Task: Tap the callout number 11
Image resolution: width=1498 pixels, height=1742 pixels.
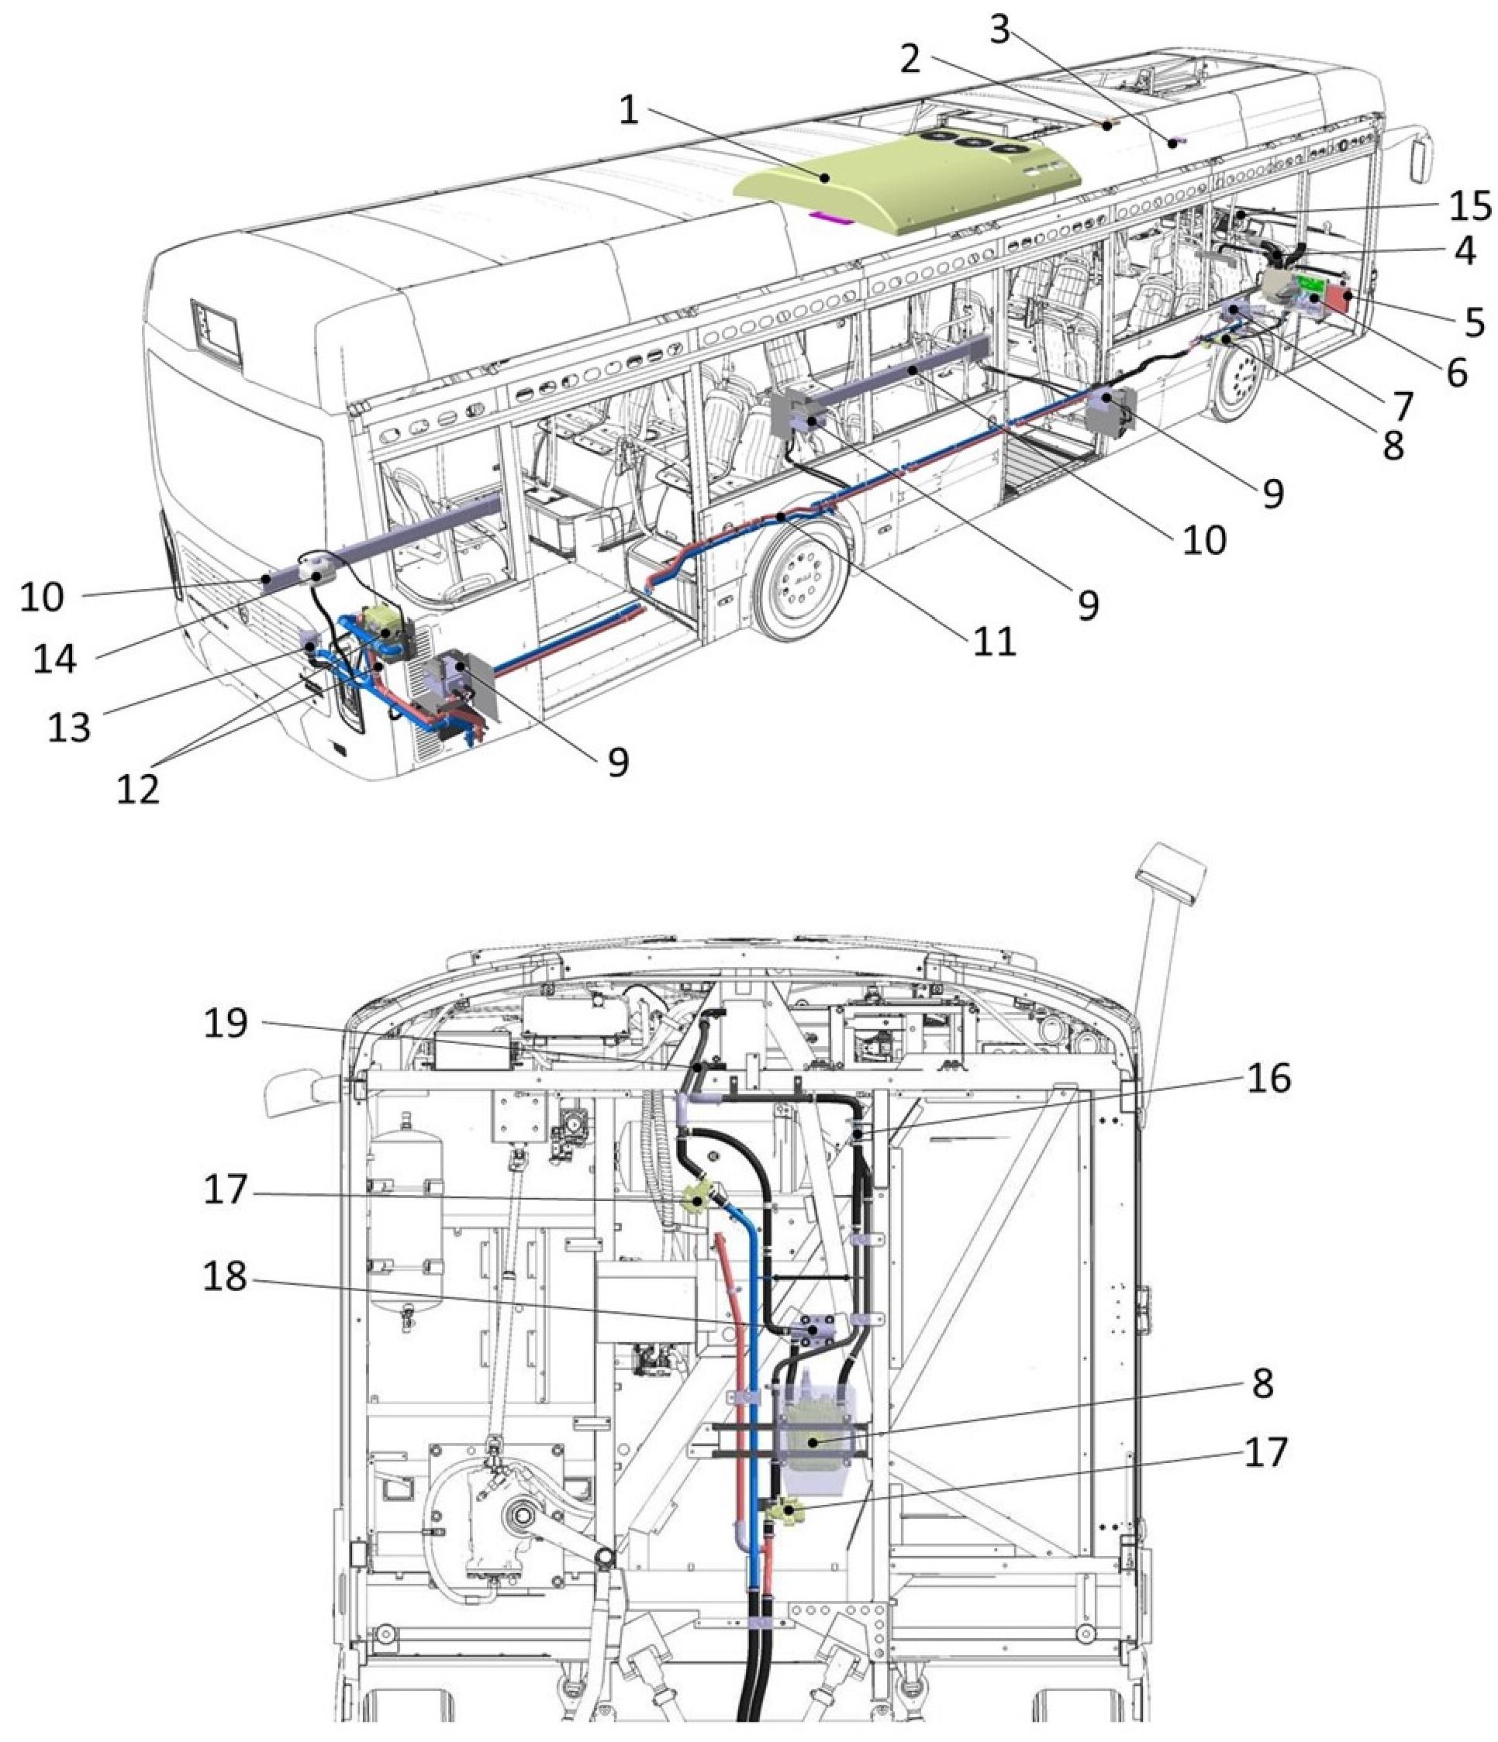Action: click(992, 642)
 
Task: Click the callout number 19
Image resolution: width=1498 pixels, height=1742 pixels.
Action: click(225, 1023)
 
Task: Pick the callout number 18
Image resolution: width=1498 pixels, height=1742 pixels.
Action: click(225, 1277)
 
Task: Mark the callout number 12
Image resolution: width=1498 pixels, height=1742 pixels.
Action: click(137, 788)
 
